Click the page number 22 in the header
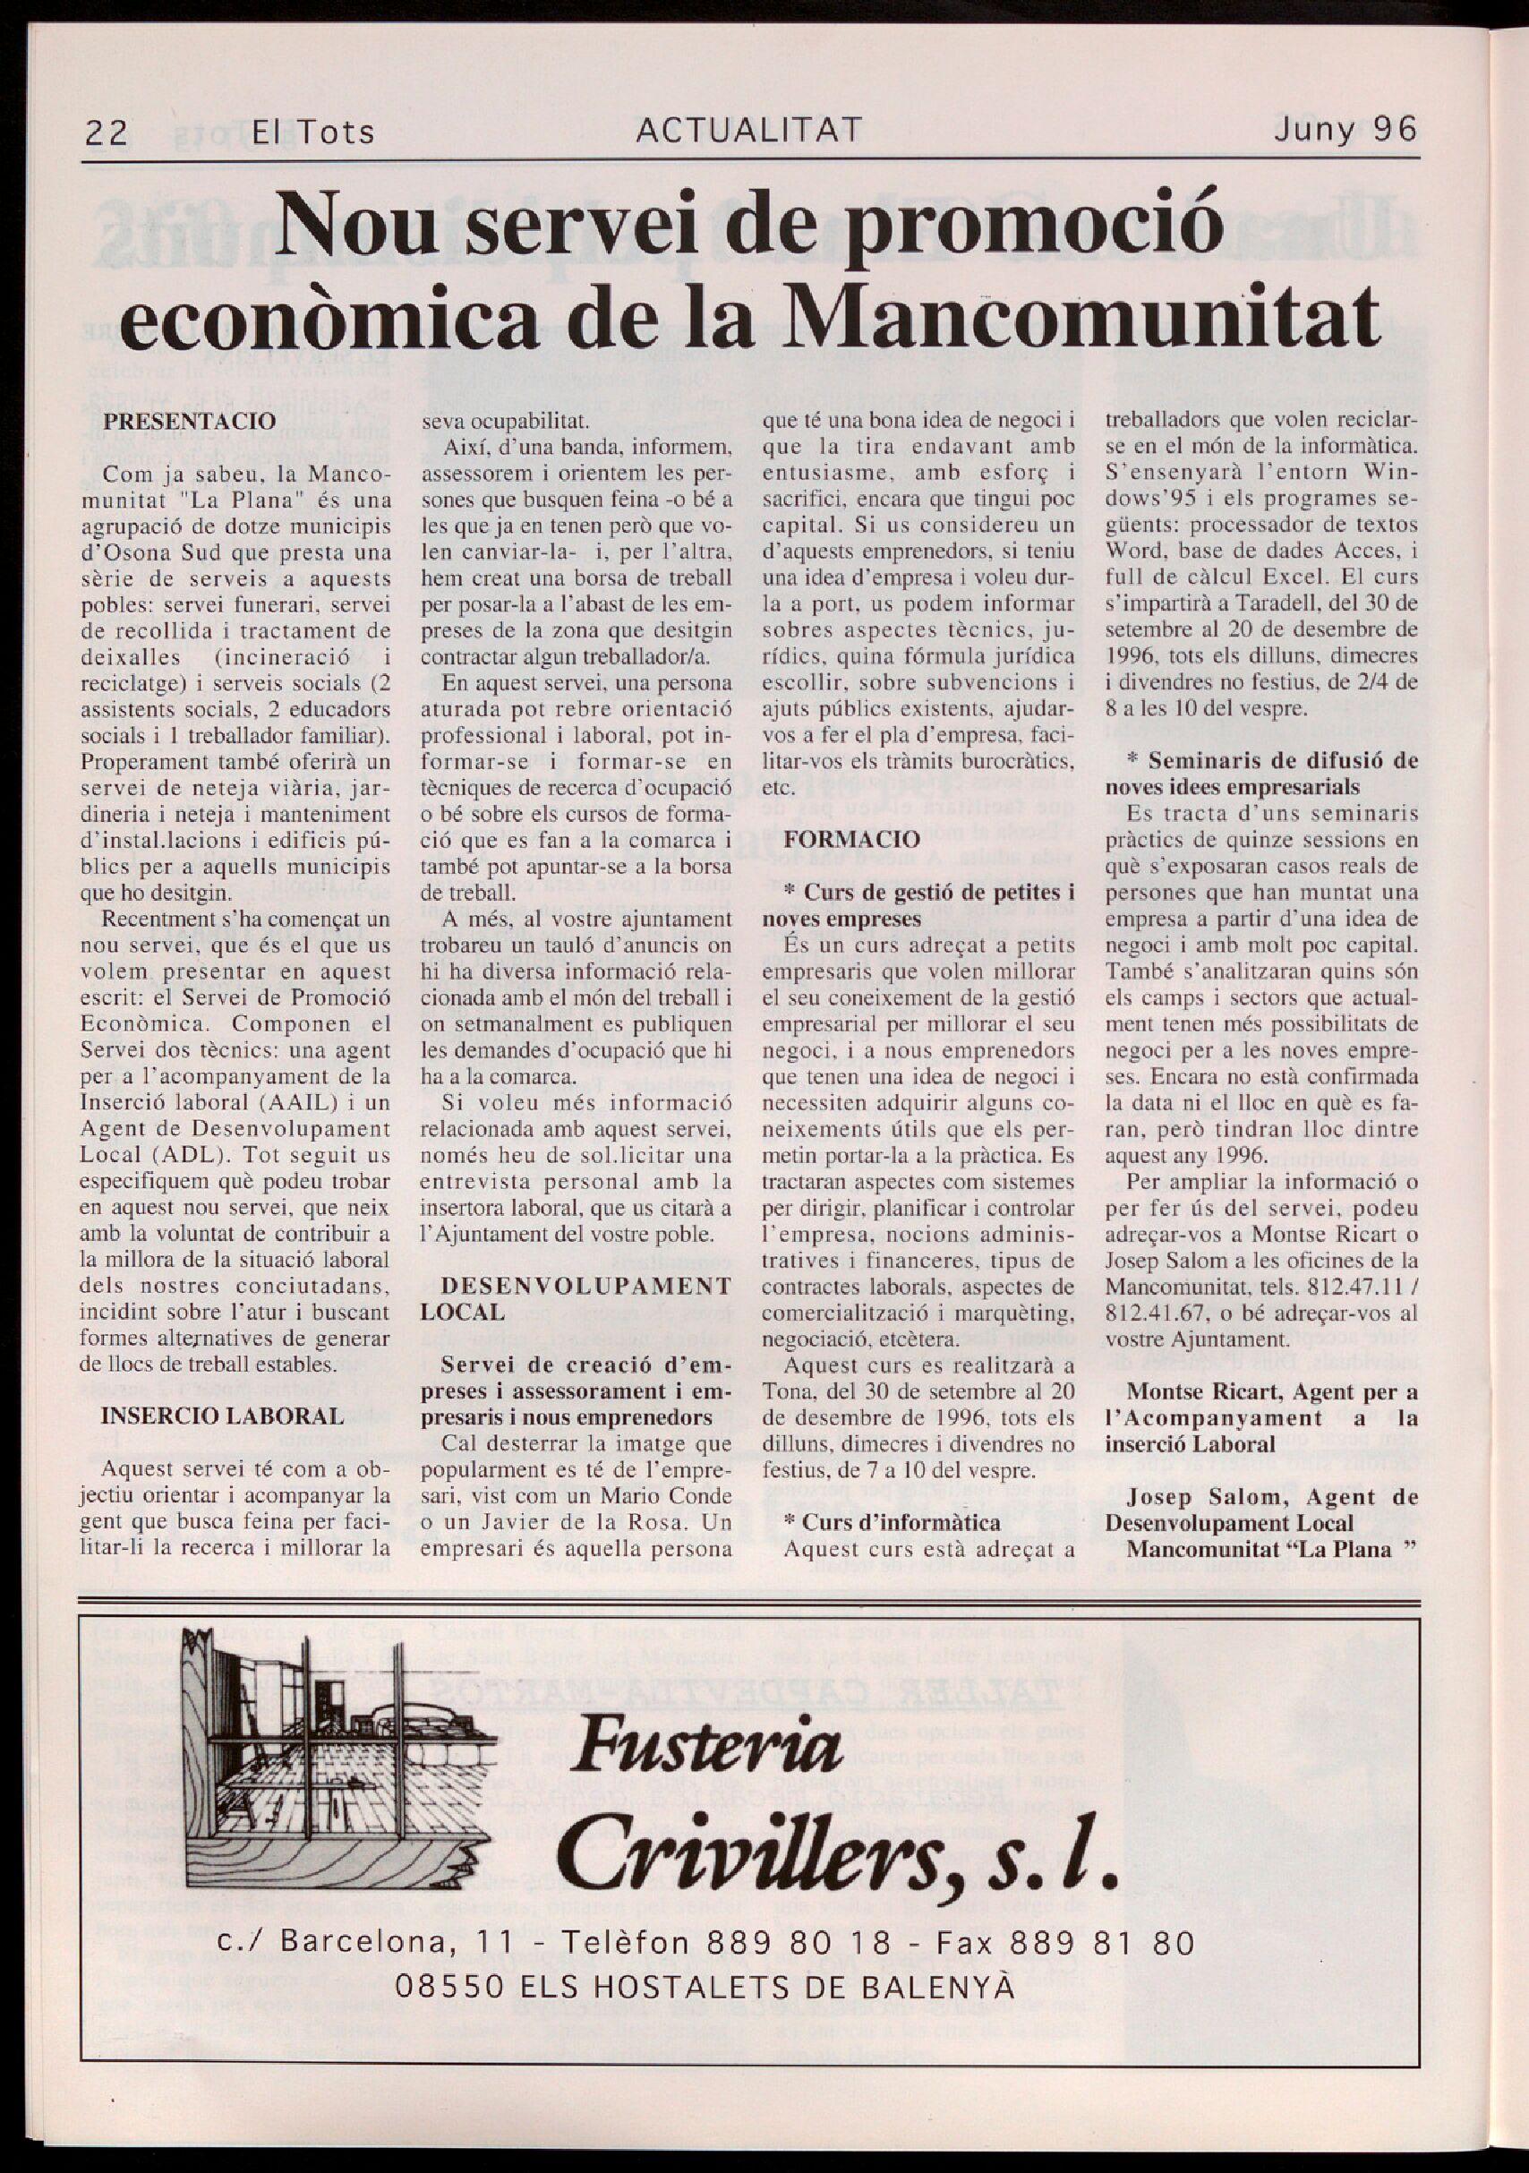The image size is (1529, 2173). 106,133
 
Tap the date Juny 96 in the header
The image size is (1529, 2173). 1345,129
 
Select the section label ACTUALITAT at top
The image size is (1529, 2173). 748,130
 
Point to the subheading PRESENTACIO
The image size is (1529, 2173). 189,421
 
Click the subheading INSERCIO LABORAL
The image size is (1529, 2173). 221,1416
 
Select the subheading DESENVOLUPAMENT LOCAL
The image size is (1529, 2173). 576,1298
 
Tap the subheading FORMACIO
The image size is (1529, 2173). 839,840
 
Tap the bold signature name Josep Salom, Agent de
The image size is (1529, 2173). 1270,1496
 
